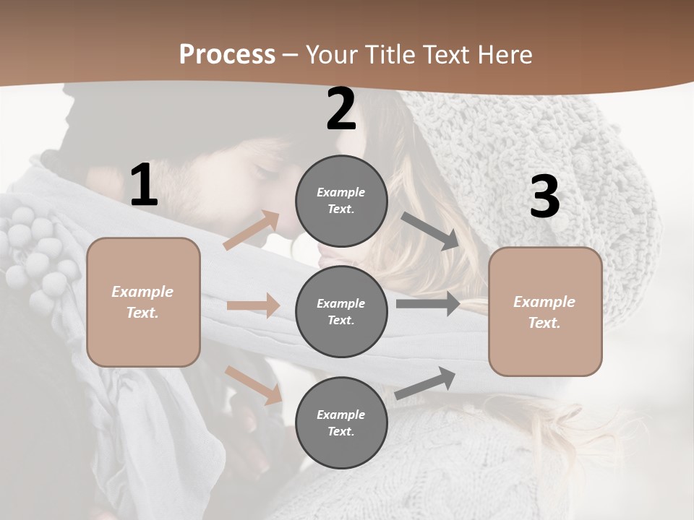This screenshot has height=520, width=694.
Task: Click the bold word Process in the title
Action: pyautogui.click(x=227, y=54)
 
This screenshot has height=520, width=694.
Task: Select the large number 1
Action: pyautogui.click(x=144, y=186)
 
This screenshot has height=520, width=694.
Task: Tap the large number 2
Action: pyautogui.click(x=341, y=110)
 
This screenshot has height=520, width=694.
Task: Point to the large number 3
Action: pyautogui.click(x=544, y=197)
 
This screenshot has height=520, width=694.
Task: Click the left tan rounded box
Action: pyautogui.click(x=143, y=302)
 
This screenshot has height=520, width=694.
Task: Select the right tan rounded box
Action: pyautogui.click(x=545, y=311)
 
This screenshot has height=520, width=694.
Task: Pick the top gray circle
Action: pyautogui.click(x=341, y=201)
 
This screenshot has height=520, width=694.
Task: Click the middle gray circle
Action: pyautogui.click(x=341, y=311)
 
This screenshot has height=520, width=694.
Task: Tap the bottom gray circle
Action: pyautogui.click(x=341, y=422)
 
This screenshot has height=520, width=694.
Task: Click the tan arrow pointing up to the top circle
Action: pyautogui.click(x=252, y=230)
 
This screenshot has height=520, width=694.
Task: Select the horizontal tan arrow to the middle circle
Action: pyautogui.click(x=253, y=305)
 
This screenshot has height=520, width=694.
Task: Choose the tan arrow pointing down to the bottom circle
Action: pyautogui.click(x=254, y=385)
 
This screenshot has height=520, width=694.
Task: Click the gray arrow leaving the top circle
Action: pyautogui.click(x=430, y=230)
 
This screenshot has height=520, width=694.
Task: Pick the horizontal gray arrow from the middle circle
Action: pyautogui.click(x=428, y=303)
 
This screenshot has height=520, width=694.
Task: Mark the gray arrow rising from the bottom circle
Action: pyautogui.click(x=425, y=383)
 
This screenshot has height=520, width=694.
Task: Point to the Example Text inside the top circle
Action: pyautogui.click(x=341, y=201)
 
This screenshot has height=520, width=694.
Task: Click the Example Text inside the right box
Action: pyautogui.click(x=544, y=312)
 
